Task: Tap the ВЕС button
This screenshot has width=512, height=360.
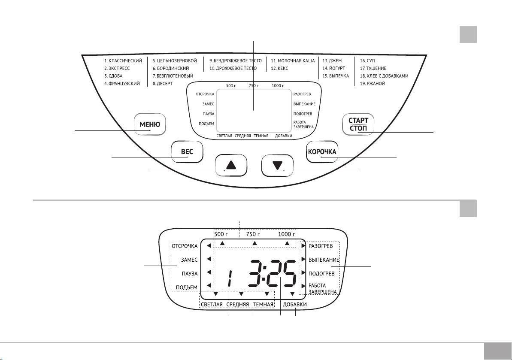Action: coord(187,152)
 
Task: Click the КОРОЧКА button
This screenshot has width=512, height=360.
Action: coord(322,152)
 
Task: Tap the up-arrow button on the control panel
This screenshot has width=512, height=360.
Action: coord(231,165)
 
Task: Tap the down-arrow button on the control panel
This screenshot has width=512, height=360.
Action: coord(278,165)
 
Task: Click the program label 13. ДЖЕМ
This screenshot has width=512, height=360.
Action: coord(332,61)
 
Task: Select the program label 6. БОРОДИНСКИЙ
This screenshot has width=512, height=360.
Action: coord(171,69)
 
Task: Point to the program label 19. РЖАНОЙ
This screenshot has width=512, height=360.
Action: coord(373,84)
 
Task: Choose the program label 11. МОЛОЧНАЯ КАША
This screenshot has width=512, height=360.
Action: coord(293,61)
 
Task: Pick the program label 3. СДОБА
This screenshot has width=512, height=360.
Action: coord(114,76)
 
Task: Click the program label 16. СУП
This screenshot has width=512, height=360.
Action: coord(368,61)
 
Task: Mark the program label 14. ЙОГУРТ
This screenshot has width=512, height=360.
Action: coord(334,69)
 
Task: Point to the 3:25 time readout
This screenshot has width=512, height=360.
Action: coord(273,273)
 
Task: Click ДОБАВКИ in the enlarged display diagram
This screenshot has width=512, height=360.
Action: coord(294,305)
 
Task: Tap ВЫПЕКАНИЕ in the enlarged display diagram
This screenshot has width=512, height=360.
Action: coord(324,260)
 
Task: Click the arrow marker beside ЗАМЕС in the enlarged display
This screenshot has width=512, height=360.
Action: coord(209,259)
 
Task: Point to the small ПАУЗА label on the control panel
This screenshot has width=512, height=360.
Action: coord(208,114)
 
